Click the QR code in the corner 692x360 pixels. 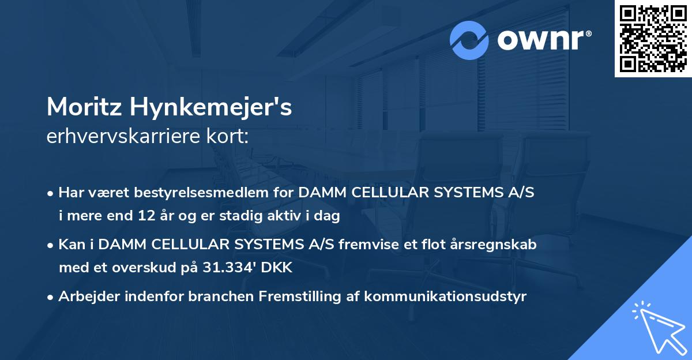(653, 38)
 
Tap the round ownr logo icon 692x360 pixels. (469, 40)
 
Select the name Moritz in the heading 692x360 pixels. (85, 107)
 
